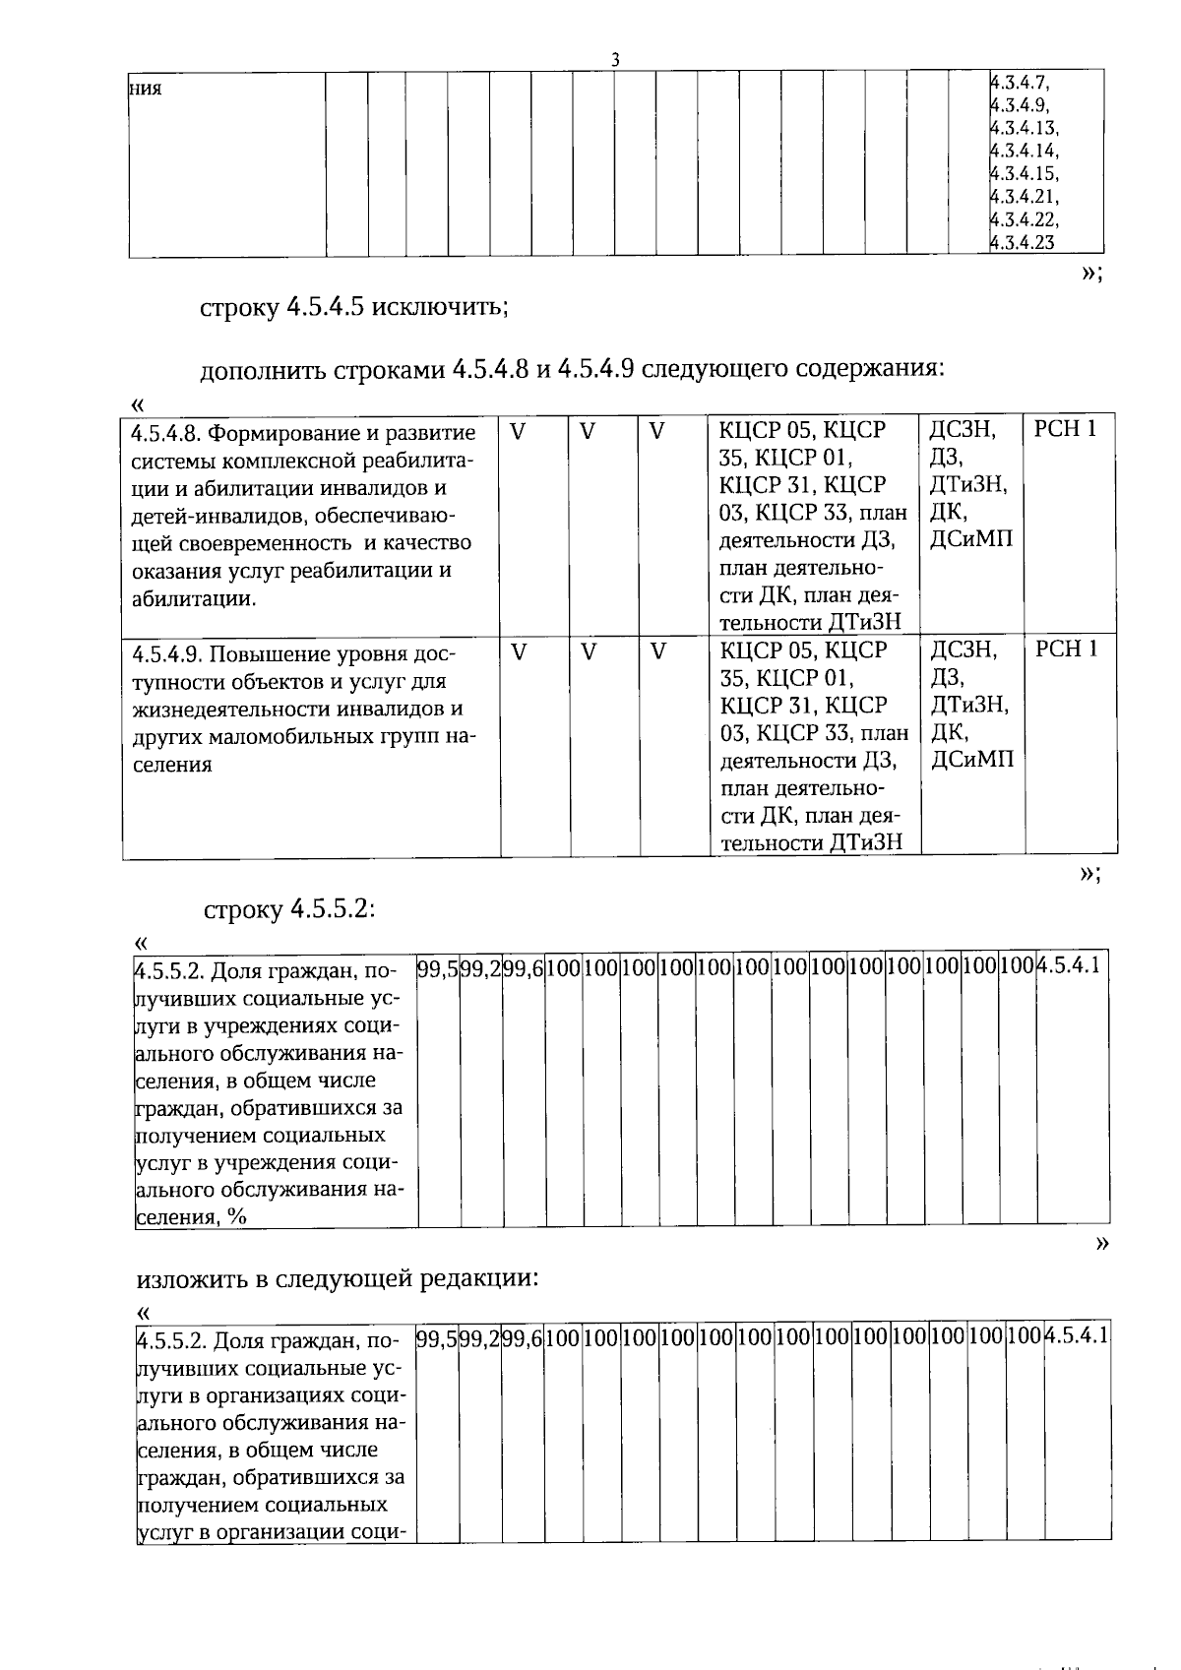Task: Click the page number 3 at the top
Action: (x=615, y=60)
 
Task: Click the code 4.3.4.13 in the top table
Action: (x=1025, y=128)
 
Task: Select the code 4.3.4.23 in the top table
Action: (x=1023, y=242)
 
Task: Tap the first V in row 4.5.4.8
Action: (x=519, y=430)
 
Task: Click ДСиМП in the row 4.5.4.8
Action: (x=970, y=538)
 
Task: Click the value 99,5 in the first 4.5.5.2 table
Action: (x=437, y=967)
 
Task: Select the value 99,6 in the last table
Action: (x=523, y=1336)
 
